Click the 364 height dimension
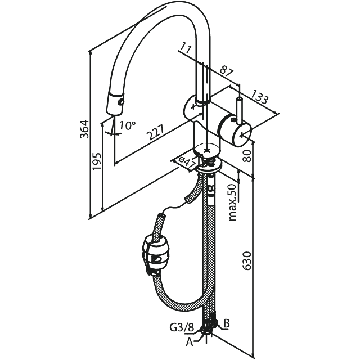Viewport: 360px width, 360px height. pos(84,129)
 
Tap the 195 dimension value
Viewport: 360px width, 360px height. pos(97,161)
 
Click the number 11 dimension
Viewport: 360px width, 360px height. pos(186,48)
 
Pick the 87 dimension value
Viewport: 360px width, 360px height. pos(226,71)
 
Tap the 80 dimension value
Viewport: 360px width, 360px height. pos(247,156)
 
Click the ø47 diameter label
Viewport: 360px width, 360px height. pos(186,163)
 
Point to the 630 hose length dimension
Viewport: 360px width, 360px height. pos(247,261)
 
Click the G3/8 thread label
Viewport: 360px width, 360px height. pos(182,327)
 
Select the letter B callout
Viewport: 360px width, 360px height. pos(226,323)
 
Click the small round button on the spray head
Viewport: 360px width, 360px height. pos(120,102)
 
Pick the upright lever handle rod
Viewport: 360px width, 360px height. pos(239,110)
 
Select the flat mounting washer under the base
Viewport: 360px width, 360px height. pos(209,168)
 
